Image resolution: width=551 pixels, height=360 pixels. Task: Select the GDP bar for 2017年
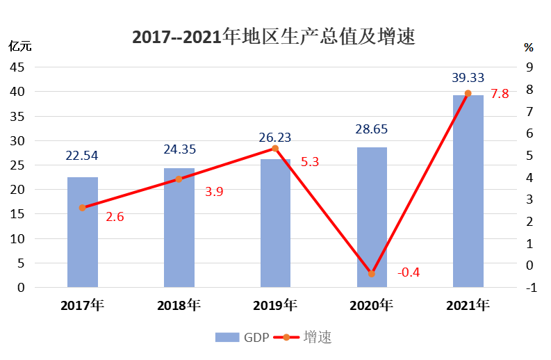[x=83, y=232]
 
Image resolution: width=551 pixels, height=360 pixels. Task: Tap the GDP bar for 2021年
[x=468, y=191]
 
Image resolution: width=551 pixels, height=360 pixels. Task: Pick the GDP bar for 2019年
[x=275, y=223]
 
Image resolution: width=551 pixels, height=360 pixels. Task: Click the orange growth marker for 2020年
[x=371, y=274]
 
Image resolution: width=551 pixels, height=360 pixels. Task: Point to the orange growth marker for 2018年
[x=179, y=179]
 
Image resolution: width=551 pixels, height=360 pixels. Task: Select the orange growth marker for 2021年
[x=468, y=93]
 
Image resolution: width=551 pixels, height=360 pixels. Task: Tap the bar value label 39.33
[x=468, y=77]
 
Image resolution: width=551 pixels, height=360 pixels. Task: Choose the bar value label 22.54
[x=83, y=156]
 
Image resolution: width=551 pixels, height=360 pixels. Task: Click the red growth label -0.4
[x=409, y=272]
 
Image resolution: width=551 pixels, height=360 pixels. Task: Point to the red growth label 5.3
[x=310, y=163]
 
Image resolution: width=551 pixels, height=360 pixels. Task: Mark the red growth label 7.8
[x=500, y=94]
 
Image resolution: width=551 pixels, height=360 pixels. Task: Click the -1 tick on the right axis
[x=529, y=288]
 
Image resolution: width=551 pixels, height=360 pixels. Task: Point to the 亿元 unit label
[x=19, y=47]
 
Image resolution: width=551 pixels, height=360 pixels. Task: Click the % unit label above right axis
[x=529, y=48]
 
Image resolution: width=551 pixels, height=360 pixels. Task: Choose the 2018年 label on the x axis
[x=179, y=305]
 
